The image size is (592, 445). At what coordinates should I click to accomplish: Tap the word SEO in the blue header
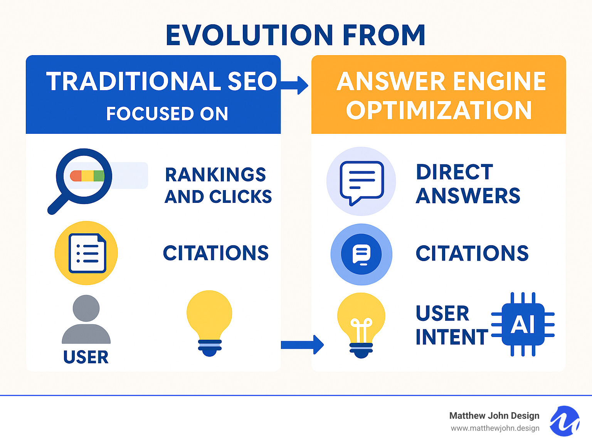pyautogui.click(x=252, y=82)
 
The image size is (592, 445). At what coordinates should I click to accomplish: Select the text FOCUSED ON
pyautogui.click(x=167, y=114)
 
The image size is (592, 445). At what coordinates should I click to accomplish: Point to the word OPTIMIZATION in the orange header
pyautogui.click(x=439, y=111)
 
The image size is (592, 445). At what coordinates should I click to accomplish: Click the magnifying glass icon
pyautogui.click(x=81, y=179)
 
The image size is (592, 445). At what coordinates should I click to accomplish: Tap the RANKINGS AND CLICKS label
pyautogui.click(x=218, y=186)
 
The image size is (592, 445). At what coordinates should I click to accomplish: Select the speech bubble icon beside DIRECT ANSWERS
pyautogui.click(x=361, y=182)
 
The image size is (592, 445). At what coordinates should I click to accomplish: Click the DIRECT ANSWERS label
pyautogui.click(x=468, y=184)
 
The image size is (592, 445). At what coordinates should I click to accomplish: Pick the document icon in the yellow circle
pyautogui.click(x=86, y=253)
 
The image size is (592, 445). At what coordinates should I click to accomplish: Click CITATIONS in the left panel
pyautogui.click(x=215, y=253)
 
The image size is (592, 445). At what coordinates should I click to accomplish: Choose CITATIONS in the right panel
pyautogui.click(x=472, y=254)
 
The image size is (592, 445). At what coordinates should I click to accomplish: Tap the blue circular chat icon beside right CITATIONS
pyautogui.click(x=361, y=255)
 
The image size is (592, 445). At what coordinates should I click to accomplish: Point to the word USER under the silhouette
pyautogui.click(x=86, y=357)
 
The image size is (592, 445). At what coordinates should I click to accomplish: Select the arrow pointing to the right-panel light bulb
pyautogui.click(x=302, y=344)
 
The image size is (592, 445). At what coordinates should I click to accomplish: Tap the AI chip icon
pyautogui.click(x=523, y=324)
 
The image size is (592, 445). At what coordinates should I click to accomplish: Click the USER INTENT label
pyautogui.click(x=451, y=325)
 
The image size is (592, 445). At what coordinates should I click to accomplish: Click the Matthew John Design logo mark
pyautogui.click(x=564, y=421)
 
